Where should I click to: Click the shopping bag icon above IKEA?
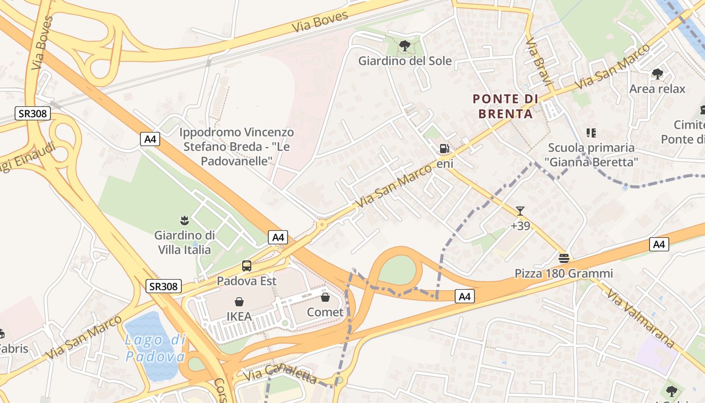click(239, 302)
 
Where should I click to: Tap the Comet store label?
click(325, 312)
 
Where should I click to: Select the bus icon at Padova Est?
click(247, 266)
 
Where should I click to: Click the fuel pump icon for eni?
click(444, 149)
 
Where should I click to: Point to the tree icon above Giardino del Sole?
click(404, 46)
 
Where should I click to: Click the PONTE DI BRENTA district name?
click(505, 106)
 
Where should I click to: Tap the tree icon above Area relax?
click(657, 74)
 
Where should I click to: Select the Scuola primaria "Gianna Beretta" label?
click(591, 155)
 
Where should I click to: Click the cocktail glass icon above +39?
click(520, 211)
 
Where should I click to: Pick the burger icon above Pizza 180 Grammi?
click(563, 258)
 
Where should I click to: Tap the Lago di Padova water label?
click(155, 348)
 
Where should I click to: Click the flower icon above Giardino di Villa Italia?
click(184, 220)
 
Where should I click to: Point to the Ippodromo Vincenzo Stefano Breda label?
click(237, 147)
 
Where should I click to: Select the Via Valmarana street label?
click(640, 318)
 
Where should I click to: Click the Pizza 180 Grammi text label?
click(563, 274)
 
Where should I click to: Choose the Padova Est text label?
click(247, 281)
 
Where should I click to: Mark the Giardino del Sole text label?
click(405, 61)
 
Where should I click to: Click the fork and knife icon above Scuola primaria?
click(591, 133)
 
